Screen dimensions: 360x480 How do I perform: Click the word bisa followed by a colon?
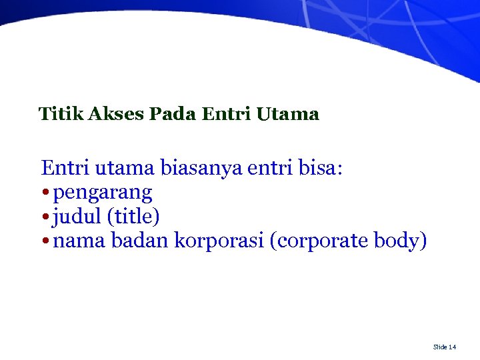[x=318, y=168]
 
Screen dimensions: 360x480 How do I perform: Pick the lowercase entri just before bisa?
[x=268, y=168]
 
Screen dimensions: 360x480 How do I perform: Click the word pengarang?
[x=103, y=193]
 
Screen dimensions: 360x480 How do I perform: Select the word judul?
[x=75, y=217]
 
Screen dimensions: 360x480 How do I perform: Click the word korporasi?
[x=219, y=241]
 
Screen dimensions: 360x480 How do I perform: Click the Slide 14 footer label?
[x=445, y=347]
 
